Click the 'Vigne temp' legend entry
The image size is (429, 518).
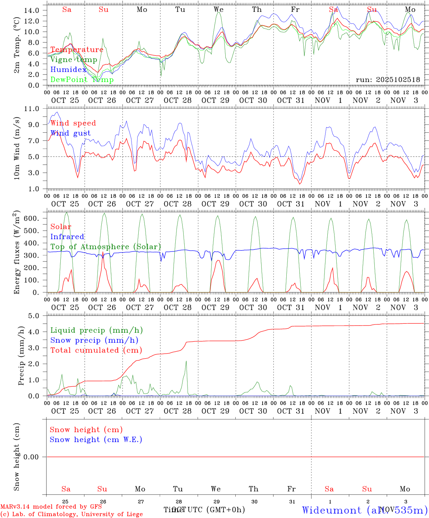(74, 60)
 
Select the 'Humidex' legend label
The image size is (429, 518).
(68, 70)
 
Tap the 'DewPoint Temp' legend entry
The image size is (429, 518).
(82, 80)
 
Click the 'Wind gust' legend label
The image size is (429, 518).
(70, 133)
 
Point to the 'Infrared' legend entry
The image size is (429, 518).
(67, 237)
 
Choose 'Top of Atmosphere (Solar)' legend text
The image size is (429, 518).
(106, 247)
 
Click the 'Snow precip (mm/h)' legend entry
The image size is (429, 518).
(94, 340)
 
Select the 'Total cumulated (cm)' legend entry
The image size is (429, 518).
(96, 350)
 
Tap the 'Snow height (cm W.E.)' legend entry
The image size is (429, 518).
(96, 440)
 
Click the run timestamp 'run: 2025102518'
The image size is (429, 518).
(388, 80)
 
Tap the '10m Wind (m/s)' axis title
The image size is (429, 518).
(17, 149)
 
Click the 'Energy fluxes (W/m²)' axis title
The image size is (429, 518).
(17, 253)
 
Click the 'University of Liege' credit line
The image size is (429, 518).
(71, 514)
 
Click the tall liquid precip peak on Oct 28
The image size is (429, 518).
(186, 361)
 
